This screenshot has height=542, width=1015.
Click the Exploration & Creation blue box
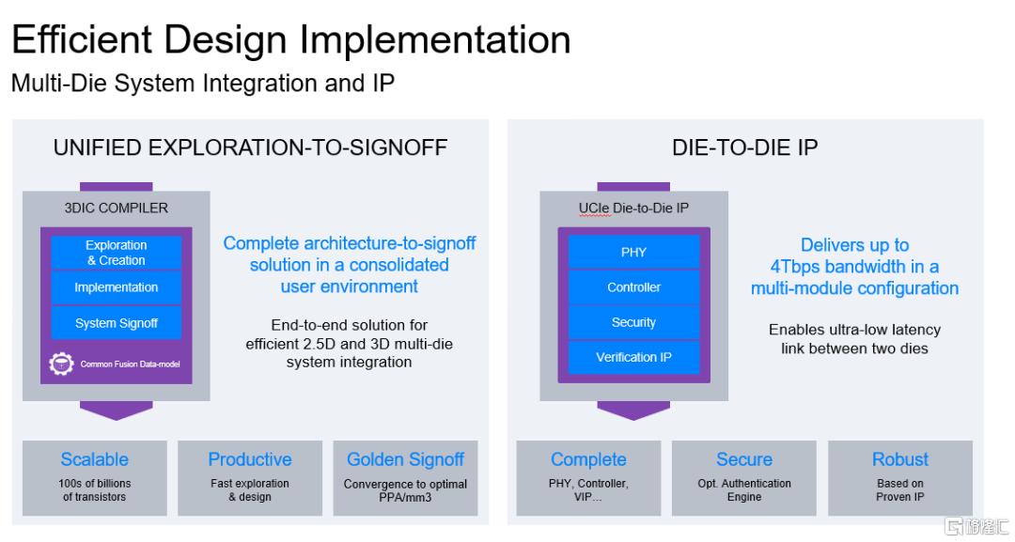click(117, 253)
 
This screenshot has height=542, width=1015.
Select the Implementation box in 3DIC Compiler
click(117, 287)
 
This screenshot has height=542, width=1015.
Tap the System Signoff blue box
click(117, 323)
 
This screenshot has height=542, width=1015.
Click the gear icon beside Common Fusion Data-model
click(61, 364)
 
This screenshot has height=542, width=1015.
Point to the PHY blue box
click(633, 253)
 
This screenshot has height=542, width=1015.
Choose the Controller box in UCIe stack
click(633, 287)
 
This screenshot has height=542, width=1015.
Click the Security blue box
click(633, 322)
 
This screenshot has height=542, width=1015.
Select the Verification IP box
click(633, 357)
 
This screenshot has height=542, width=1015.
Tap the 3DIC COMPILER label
click(117, 209)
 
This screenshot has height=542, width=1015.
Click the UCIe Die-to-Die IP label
click(633, 209)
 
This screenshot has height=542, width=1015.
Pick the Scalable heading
click(95, 459)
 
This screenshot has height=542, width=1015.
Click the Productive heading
click(250, 459)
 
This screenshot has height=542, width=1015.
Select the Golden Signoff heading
click(406, 460)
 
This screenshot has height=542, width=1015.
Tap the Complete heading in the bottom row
click(588, 460)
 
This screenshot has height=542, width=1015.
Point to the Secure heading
click(744, 459)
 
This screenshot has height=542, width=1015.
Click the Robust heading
click(900, 459)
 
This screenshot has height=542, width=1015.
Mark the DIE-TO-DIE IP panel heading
click(745, 147)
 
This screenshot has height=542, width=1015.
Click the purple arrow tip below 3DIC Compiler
click(117, 420)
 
